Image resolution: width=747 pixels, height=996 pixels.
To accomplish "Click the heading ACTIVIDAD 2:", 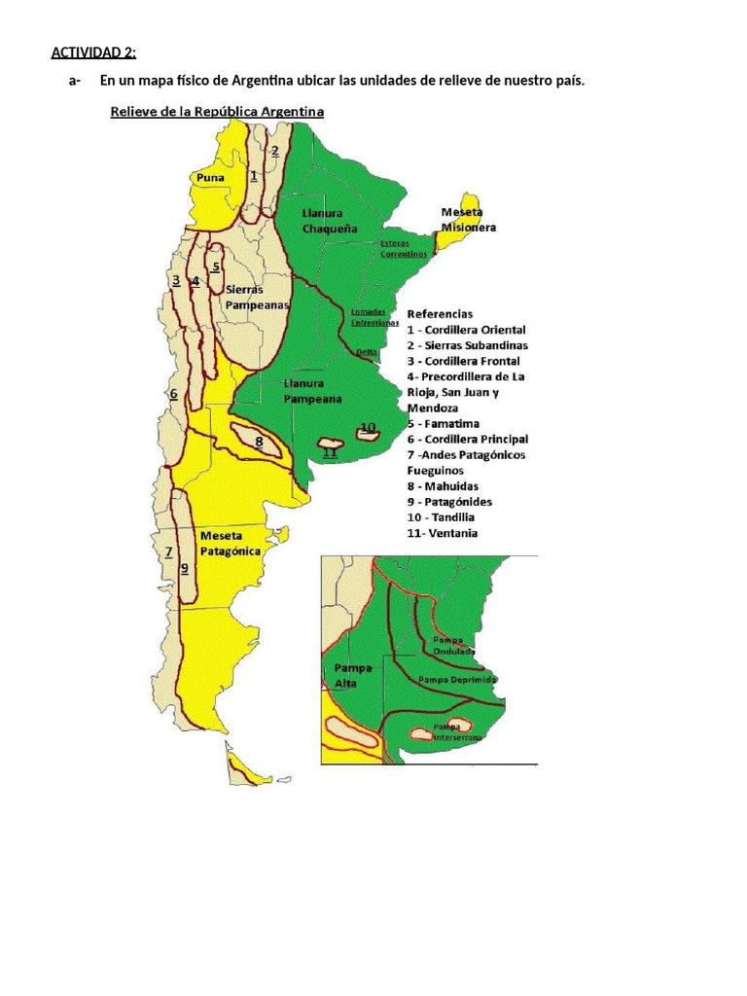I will point(93,53).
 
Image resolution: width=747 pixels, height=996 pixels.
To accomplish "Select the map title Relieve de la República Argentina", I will point(216,112).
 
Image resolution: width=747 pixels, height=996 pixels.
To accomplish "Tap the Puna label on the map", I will point(210,178).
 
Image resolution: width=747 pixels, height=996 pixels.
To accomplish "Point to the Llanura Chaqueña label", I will point(329,221).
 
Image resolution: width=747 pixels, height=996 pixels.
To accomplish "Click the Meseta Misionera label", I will point(468,220).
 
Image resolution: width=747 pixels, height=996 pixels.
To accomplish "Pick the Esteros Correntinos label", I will point(404,248).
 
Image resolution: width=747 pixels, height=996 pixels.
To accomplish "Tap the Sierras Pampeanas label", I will point(257,297).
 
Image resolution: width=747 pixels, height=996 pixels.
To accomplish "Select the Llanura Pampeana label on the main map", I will point(312,391).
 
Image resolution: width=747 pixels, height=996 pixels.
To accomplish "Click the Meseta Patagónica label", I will point(231,543).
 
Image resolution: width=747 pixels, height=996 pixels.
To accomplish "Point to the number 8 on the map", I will point(259,441).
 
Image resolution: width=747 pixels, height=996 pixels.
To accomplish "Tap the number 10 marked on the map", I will point(368,427).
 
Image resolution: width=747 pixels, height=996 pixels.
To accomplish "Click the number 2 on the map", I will point(275,151).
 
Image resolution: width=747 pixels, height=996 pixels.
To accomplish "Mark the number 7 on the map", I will point(168,551).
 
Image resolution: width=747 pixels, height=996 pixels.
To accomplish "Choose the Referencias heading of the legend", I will point(440,314).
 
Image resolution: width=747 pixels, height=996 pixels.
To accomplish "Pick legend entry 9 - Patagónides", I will point(449,502).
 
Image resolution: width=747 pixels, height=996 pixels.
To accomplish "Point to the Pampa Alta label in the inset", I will point(345,675).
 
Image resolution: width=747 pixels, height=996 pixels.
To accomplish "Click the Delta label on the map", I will point(367,352).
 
